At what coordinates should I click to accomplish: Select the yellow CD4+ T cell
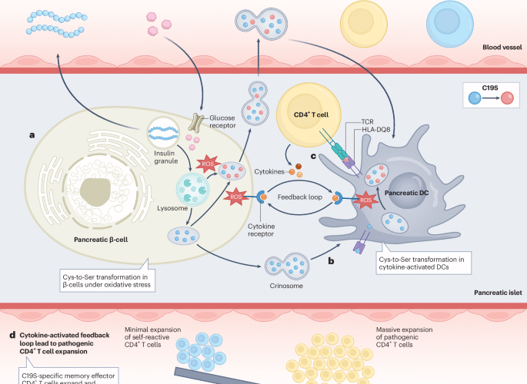point(305,116)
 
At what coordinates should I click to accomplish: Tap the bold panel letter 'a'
point(32,135)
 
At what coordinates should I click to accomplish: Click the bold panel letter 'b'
point(330,262)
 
